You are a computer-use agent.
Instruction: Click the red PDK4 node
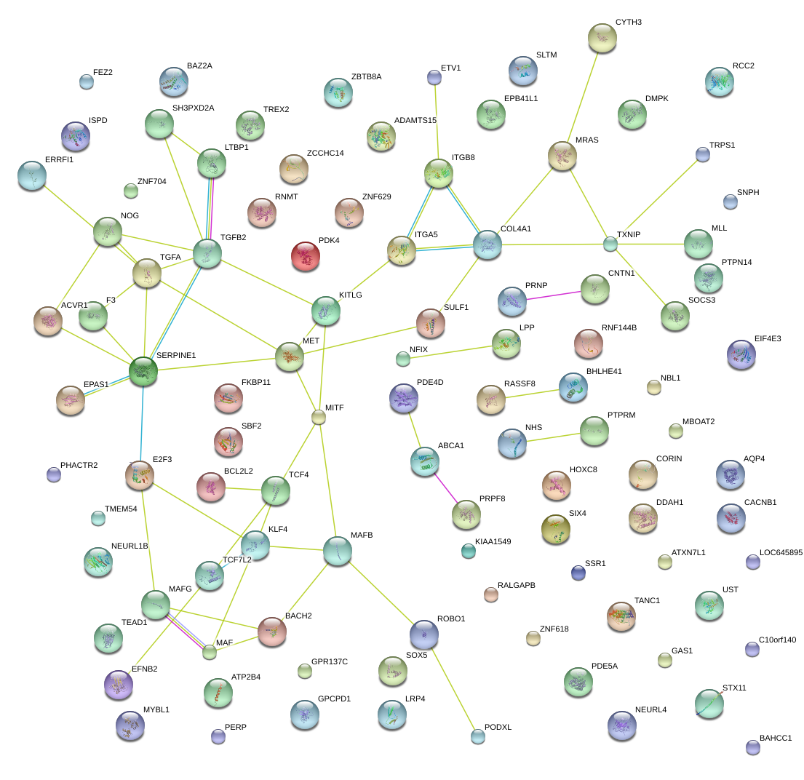coord(306,255)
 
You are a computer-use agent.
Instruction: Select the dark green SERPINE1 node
coord(143,370)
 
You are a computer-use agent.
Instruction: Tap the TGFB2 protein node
coord(207,254)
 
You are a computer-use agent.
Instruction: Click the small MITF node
coord(318,417)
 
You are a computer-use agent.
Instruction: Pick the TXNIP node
coord(610,244)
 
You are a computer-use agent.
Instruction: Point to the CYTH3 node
coord(602,38)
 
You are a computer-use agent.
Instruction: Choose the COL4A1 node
coord(487,245)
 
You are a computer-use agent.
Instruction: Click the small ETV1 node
coord(434,76)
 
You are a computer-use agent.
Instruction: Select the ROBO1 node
coord(425,634)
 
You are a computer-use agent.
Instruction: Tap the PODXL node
coord(477,736)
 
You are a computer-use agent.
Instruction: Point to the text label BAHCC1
coord(775,738)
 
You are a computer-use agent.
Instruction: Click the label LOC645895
coord(780,552)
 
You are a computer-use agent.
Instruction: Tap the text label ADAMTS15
coord(415,120)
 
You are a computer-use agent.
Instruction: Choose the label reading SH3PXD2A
coord(193,108)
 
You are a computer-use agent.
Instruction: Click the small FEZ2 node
coord(87,81)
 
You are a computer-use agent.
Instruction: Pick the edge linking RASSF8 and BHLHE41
coord(532,394)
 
